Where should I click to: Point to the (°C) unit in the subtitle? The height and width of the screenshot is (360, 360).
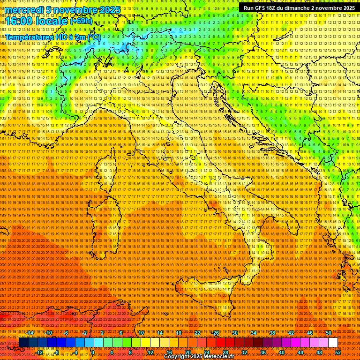point(94,37)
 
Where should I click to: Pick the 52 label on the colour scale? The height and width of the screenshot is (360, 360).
point(338,352)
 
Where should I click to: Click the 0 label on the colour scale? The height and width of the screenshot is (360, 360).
point(93,352)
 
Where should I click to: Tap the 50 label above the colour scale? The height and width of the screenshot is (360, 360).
point(329,332)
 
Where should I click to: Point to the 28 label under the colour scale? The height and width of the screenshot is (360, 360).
point(225,352)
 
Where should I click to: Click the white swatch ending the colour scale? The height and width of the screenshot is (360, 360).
point(333,343)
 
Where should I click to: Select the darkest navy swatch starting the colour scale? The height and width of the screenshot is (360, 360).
point(23,343)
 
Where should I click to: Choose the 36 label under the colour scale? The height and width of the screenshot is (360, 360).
point(263,352)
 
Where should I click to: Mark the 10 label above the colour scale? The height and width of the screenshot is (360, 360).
point(141,332)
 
